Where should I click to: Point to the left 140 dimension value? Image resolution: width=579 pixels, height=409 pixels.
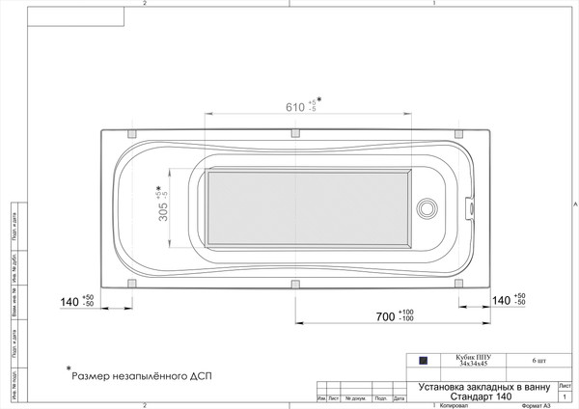(x=69, y=302)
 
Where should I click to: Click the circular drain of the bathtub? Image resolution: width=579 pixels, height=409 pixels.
(x=426, y=208)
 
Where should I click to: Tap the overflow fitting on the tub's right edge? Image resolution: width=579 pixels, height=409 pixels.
(x=470, y=206)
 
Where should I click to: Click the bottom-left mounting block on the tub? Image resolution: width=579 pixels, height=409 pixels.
(x=130, y=284)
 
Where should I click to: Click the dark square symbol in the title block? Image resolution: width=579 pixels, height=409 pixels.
(x=422, y=361)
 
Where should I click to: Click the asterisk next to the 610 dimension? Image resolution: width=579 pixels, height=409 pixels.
(x=319, y=99)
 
